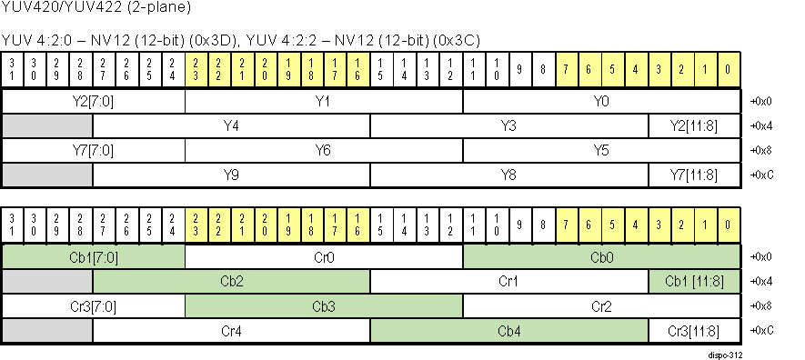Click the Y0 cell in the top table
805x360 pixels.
pos(601,101)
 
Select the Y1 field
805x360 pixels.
pos(323,101)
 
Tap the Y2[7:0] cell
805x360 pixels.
pos(94,101)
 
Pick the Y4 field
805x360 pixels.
pos(231,125)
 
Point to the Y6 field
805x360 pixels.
pos(323,150)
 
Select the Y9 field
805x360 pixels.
pos(231,175)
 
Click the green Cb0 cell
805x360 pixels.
pos(601,257)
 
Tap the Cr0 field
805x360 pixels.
pos(323,257)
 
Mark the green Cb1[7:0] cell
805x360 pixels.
pos(94,257)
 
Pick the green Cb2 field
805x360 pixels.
pos(231,282)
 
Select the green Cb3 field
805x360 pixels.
pos(323,306)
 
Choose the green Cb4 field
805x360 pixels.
pos(508,331)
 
